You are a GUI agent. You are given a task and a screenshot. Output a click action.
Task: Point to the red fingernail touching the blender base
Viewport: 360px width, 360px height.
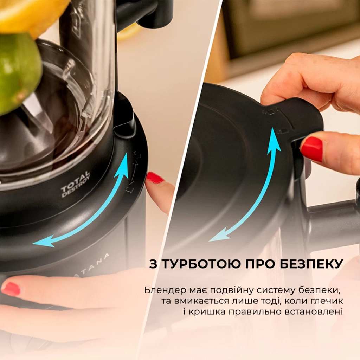[x=154, y=178]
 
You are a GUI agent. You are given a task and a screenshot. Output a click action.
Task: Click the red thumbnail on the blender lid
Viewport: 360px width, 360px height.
[x=311, y=149]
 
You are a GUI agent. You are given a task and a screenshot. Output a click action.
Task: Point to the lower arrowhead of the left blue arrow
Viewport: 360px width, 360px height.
[x=39, y=243]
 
